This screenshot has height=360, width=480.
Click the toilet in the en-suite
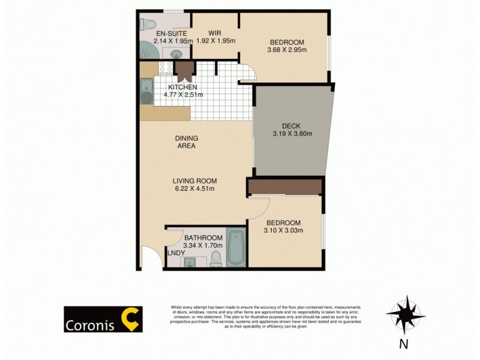pyautogui.click(x=148, y=24)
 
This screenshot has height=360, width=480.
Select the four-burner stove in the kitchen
pyautogui.click(x=166, y=67)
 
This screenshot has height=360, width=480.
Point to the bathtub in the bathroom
pyautogui.click(x=236, y=247)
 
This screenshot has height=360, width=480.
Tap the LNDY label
pyautogui.click(x=176, y=253)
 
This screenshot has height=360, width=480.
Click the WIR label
pyautogui.click(x=216, y=33)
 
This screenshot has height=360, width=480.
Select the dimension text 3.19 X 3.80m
pyautogui.click(x=292, y=134)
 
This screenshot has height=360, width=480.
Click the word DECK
pyautogui.click(x=292, y=126)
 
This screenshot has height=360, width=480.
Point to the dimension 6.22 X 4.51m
pyautogui.click(x=194, y=188)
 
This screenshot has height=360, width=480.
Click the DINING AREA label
pyautogui.click(x=186, y=141)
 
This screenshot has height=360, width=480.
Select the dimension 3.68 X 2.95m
pyautogui.click(x=287, y=50)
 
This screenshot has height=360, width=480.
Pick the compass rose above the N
pyautogui.click(x=406, y=314)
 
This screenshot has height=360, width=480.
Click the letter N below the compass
pyautogui.click(x=404, y=344)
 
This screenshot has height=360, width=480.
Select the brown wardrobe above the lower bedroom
pyautogui.click(x=285, y=187)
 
